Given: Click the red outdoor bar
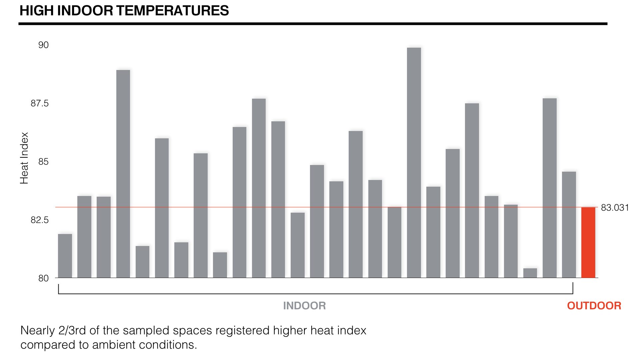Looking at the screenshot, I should (588, 242).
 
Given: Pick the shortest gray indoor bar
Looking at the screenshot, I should (530, 273).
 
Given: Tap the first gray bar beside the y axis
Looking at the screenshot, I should (65, 256).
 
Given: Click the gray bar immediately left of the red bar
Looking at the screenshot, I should (569, 225).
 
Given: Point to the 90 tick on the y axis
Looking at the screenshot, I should (43, 45).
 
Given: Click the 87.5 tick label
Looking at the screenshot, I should (40, 103).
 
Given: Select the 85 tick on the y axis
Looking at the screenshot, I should (43, 162).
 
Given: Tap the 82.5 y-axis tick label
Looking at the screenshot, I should (40, 220).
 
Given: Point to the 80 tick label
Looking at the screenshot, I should (43, 278).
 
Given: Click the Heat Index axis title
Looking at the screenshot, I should (24, 158).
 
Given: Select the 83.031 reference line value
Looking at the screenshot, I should (615, 208).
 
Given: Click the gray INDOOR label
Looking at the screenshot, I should (304, 306).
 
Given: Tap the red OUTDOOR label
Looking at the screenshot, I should (594, 306).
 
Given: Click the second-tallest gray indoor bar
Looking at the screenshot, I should (123, 174).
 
